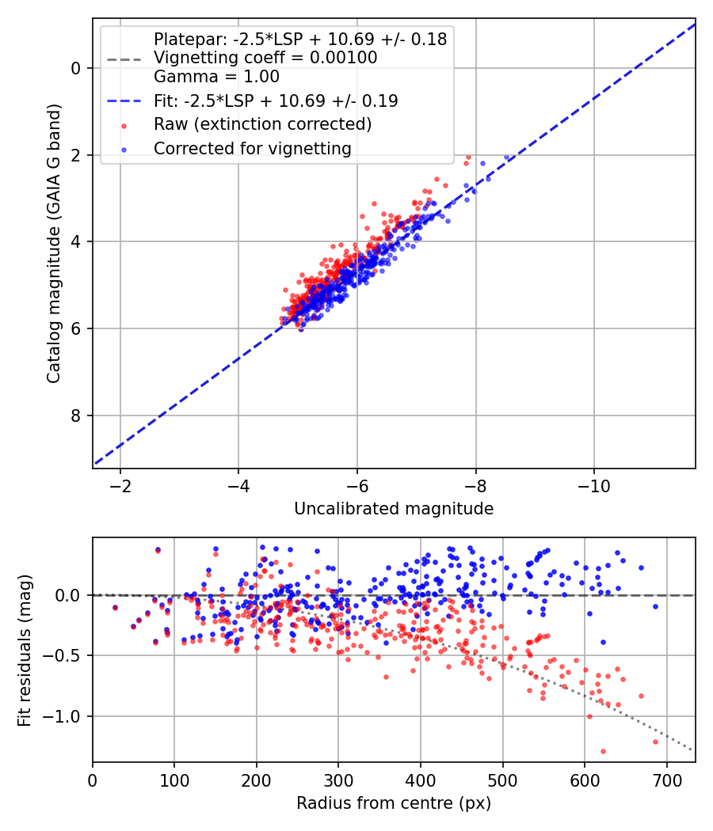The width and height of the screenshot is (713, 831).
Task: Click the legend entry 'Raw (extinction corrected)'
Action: tap(262, 124)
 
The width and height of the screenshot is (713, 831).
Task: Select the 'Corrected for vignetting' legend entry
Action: tap(252, 148)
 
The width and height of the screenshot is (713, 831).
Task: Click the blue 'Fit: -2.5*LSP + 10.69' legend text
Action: tap(276, 101)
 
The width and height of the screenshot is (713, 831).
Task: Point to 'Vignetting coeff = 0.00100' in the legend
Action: tap(265, 58)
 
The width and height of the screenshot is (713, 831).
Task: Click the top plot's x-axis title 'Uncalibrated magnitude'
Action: tap(394, 509)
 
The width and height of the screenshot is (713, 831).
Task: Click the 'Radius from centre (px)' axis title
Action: tap(394, 803)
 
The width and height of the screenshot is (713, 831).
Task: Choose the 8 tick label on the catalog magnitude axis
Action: tap(76, 415)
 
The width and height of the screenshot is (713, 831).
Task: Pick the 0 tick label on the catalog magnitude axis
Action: tap(76, 68)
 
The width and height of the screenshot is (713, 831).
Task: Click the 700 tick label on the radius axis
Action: tap(666, 780)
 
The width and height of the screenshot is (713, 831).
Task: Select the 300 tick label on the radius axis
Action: tap(338, 780)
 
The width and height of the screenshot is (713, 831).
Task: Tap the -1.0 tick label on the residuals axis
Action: tap(66, 716)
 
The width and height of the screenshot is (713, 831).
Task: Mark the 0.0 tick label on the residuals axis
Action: tap(70, 595)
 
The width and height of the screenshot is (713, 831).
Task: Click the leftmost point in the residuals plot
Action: tap(115, 608)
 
